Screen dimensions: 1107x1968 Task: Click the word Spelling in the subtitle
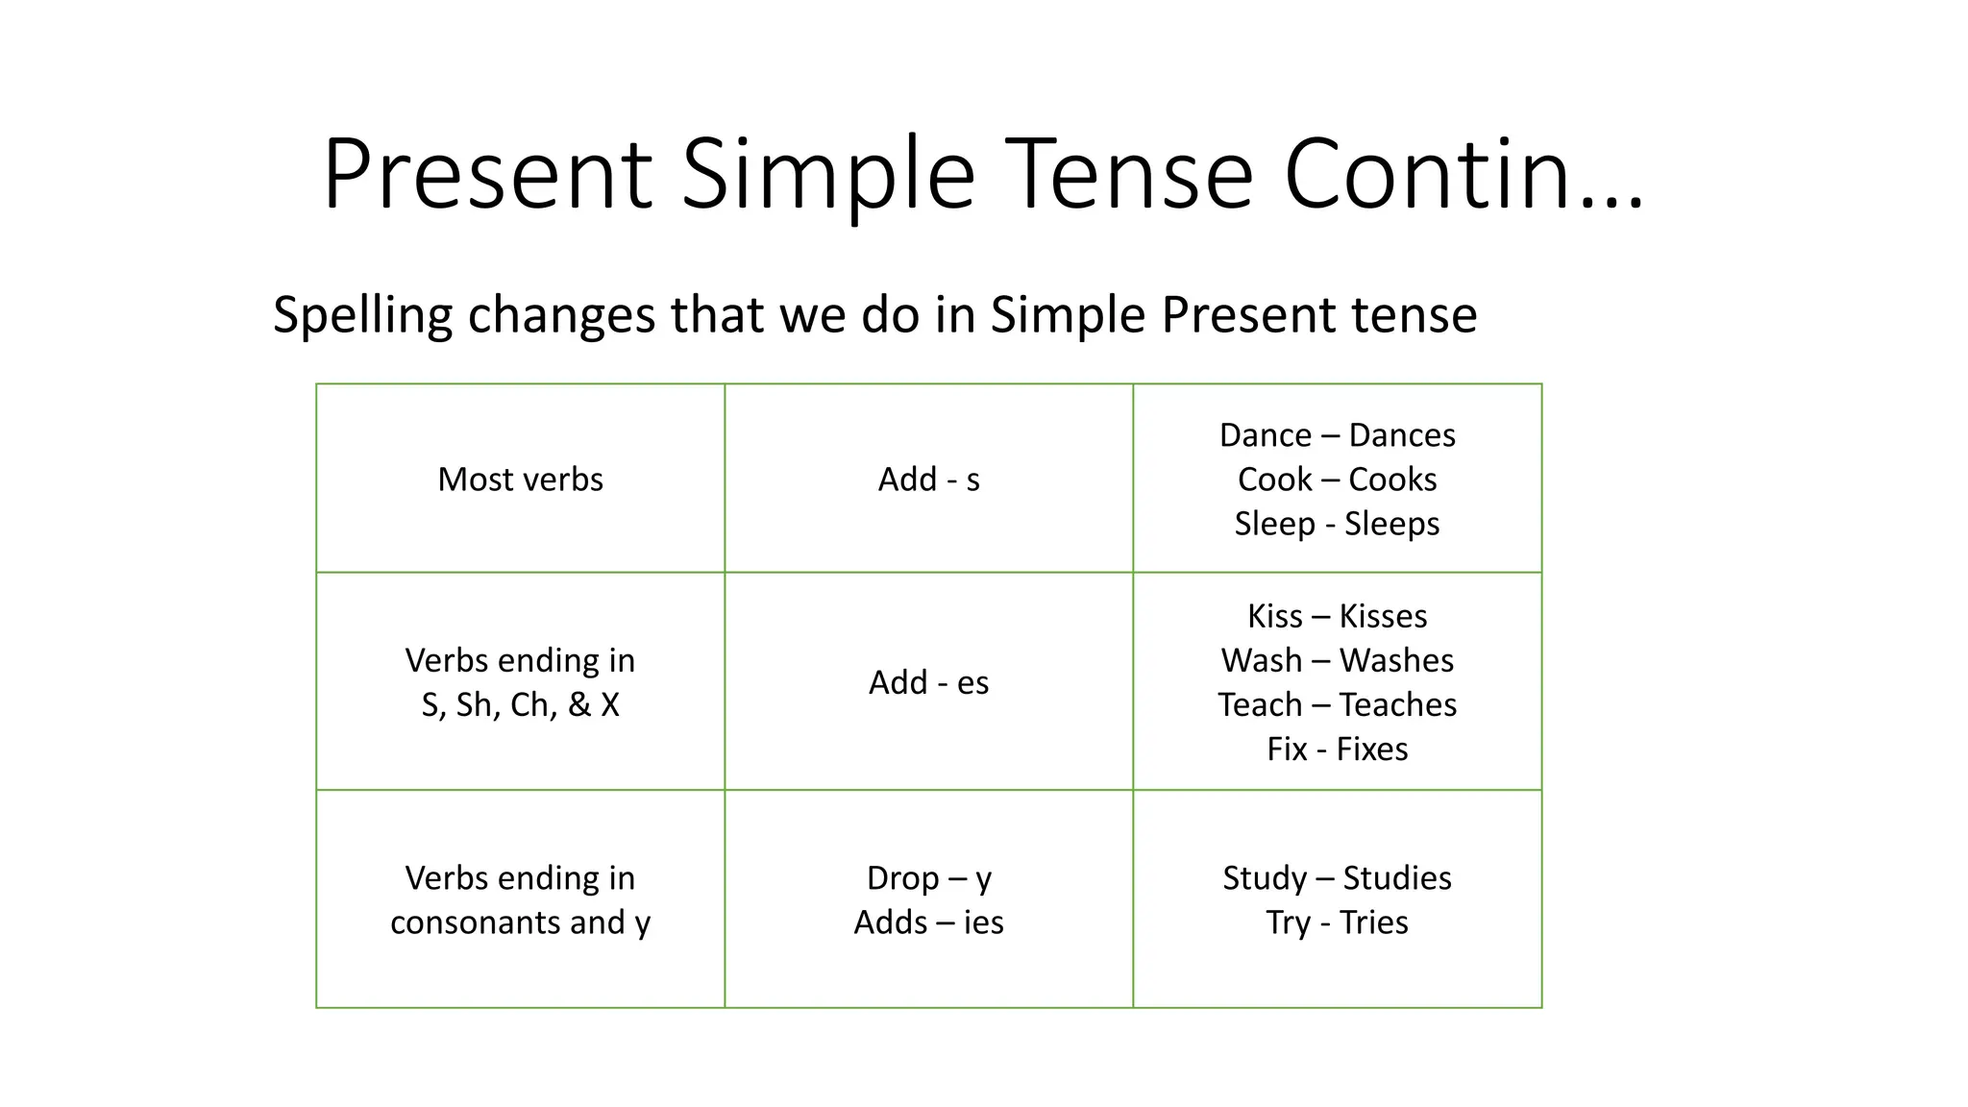(362, 314)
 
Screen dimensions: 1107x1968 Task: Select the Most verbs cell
(520, 480)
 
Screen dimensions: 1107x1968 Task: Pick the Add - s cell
(928, 480)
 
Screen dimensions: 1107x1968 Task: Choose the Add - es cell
(928, 682)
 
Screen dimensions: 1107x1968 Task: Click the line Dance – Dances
(1337, 435)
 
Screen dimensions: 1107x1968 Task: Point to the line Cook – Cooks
(1337, 480)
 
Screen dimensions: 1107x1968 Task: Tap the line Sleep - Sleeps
(1337, 524)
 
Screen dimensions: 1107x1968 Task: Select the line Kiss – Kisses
(1337, 616)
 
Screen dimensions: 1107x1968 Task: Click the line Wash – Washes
(1337, 660)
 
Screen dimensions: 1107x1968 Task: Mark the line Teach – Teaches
(1337, 704)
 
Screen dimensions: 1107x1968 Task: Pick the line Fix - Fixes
(1337, 749)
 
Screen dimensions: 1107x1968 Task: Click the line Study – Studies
(1337, 878)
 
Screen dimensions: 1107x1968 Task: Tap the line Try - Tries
(1337, 922)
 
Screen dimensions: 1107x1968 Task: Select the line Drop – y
(928, 878)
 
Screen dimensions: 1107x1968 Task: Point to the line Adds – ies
(928, 922)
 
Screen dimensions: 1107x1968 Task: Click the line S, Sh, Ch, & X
(520, 704)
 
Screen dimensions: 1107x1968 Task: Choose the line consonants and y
(520, 922)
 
